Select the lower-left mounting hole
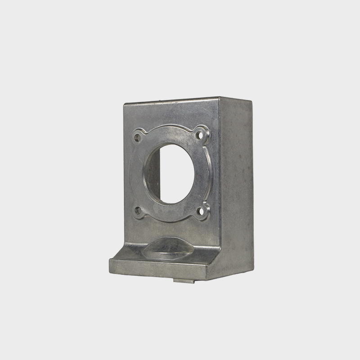pyautogui.click(x=137, y=209)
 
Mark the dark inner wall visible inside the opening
pyautogui.click(x=152, y=173)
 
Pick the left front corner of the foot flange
pyautogui.click(x=110, y=261)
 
